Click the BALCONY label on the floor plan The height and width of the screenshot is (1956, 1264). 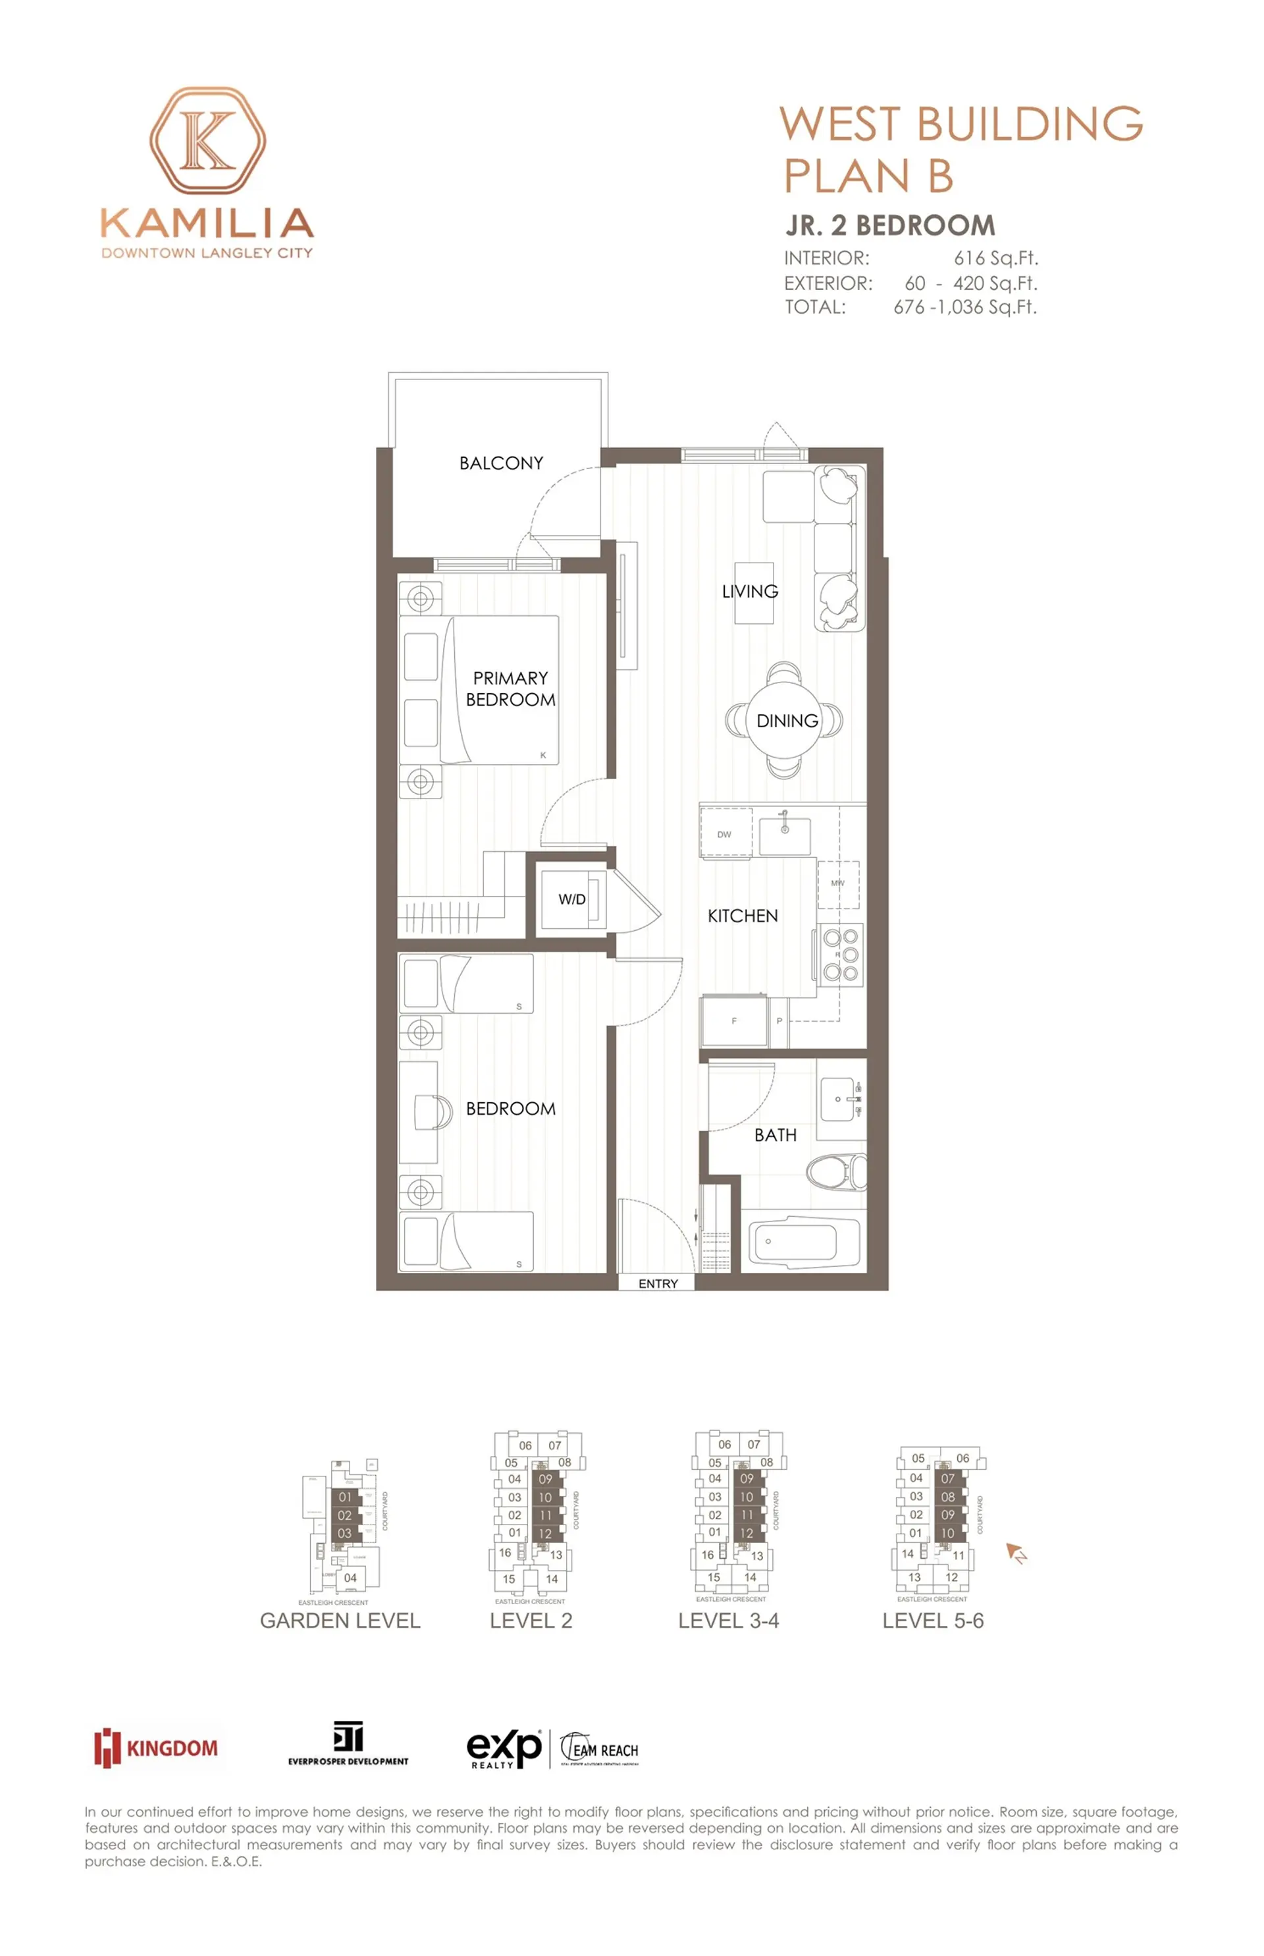501,463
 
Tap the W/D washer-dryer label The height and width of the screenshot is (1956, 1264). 571,899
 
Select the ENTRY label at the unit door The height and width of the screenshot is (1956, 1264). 658,1283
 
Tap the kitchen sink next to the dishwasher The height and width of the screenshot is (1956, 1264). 784,836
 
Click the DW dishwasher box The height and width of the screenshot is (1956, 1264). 725,833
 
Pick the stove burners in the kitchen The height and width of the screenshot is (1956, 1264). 841,955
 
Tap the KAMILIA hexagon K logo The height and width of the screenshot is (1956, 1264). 207,140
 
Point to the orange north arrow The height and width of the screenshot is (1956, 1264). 1016,1553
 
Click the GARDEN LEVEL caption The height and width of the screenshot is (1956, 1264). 340,1620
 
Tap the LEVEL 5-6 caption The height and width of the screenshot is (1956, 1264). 932,1620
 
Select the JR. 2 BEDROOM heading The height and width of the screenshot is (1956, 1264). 889,225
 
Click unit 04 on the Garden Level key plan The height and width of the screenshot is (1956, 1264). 350,1577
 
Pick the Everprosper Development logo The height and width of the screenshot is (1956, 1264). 348,1744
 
